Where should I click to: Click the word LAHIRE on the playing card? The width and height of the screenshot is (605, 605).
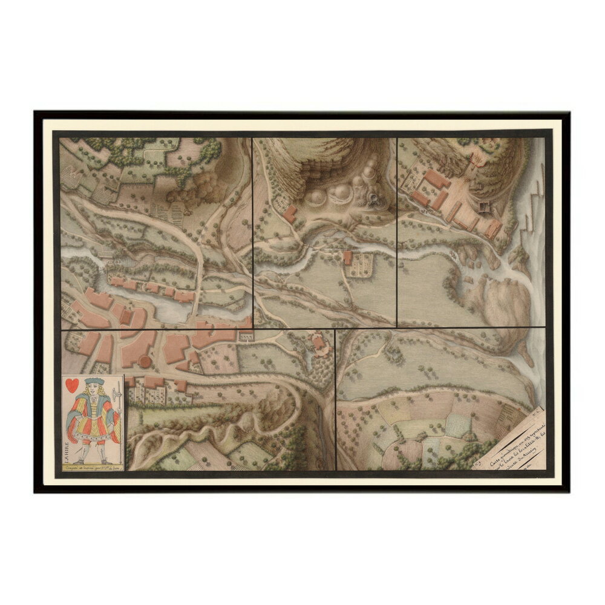click(x=68, y=448)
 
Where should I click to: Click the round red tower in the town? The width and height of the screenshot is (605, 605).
click(x=146, y=361)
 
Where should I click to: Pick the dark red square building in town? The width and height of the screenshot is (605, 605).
click(x=126, y=316)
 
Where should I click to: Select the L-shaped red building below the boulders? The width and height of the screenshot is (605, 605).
click(x=290, y=213)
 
